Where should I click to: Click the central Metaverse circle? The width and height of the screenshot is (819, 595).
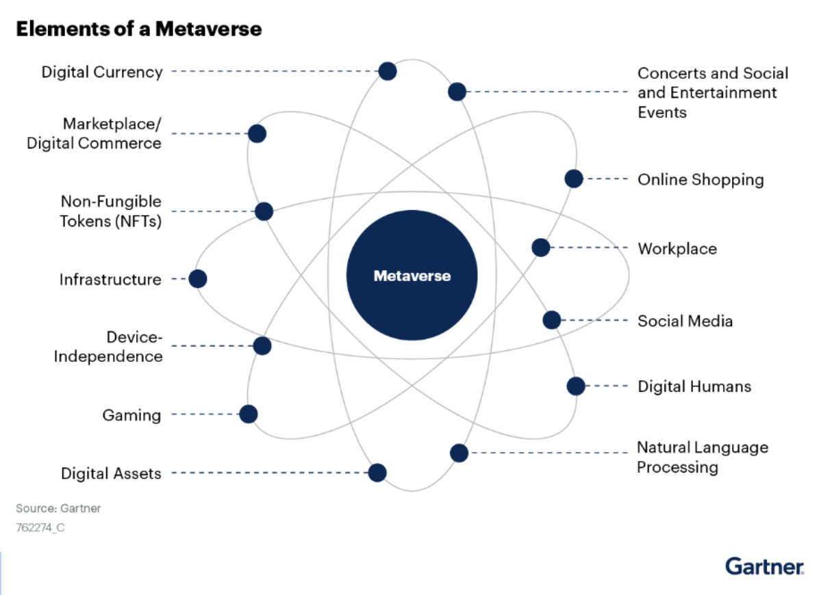412,276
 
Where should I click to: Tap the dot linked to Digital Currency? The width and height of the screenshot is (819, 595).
388,70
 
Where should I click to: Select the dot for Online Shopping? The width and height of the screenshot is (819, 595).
574,178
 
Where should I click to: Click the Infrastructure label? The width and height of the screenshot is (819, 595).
110,279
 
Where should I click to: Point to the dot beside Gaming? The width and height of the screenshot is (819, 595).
249,414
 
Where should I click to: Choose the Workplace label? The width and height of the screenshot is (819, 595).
677,248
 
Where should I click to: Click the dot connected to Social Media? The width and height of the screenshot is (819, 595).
552,319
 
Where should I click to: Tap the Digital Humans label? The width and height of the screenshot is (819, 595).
694,386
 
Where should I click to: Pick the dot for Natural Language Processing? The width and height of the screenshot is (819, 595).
459,452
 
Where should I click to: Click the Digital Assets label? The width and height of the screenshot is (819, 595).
111,473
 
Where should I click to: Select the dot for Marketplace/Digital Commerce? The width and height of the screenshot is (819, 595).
257,133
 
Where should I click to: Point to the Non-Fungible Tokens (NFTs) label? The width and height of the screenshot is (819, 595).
111,211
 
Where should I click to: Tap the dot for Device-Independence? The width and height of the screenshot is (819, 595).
262,345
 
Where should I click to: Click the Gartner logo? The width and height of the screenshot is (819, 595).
764,566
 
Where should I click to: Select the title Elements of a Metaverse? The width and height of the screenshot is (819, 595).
138,29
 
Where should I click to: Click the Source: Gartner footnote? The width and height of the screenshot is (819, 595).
58,509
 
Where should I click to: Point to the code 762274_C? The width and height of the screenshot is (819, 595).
40,527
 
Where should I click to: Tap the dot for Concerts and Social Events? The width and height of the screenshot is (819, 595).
457,91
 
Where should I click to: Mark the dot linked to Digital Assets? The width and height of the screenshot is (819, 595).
377,473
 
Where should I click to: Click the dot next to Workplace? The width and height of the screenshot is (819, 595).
541,247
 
